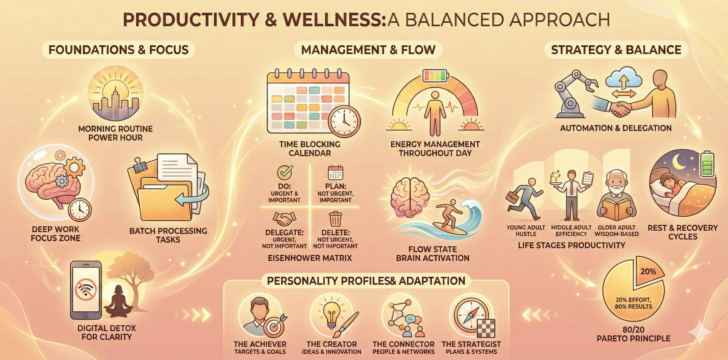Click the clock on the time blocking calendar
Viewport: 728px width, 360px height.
[344, 122]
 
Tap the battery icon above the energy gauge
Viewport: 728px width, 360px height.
[435, 76]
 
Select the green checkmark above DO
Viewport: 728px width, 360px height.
[285, 172]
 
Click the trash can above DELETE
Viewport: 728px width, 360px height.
[335, 219]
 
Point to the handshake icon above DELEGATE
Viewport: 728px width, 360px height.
[284, 218]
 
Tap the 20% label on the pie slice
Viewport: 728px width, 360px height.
[648, 272]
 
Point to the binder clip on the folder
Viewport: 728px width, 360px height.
[139, 165]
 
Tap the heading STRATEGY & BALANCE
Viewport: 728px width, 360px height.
[616, 50]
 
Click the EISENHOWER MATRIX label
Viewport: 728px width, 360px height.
[310, 258]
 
